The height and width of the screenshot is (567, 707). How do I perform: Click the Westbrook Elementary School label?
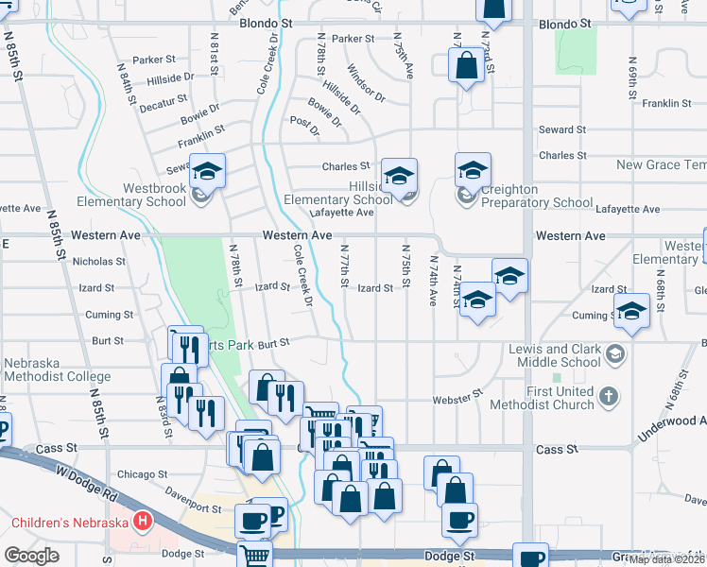point(140,195)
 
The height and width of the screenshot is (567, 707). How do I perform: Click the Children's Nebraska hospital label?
point(70,522)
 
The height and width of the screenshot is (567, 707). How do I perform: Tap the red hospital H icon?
point(143,521)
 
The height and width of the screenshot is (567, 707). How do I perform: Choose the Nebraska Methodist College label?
point(57,369)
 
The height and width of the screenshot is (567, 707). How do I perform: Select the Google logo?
point(31,556)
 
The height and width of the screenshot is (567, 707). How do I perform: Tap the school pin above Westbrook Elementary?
point(208,171)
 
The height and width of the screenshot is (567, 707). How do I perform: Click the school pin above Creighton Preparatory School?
point(473,170)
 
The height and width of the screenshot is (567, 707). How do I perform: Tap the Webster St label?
point(457,400)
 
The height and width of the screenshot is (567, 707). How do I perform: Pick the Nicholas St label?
point(98,261)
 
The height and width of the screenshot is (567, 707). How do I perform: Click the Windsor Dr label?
point(366,83)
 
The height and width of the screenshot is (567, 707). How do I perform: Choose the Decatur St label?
point(163,103)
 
